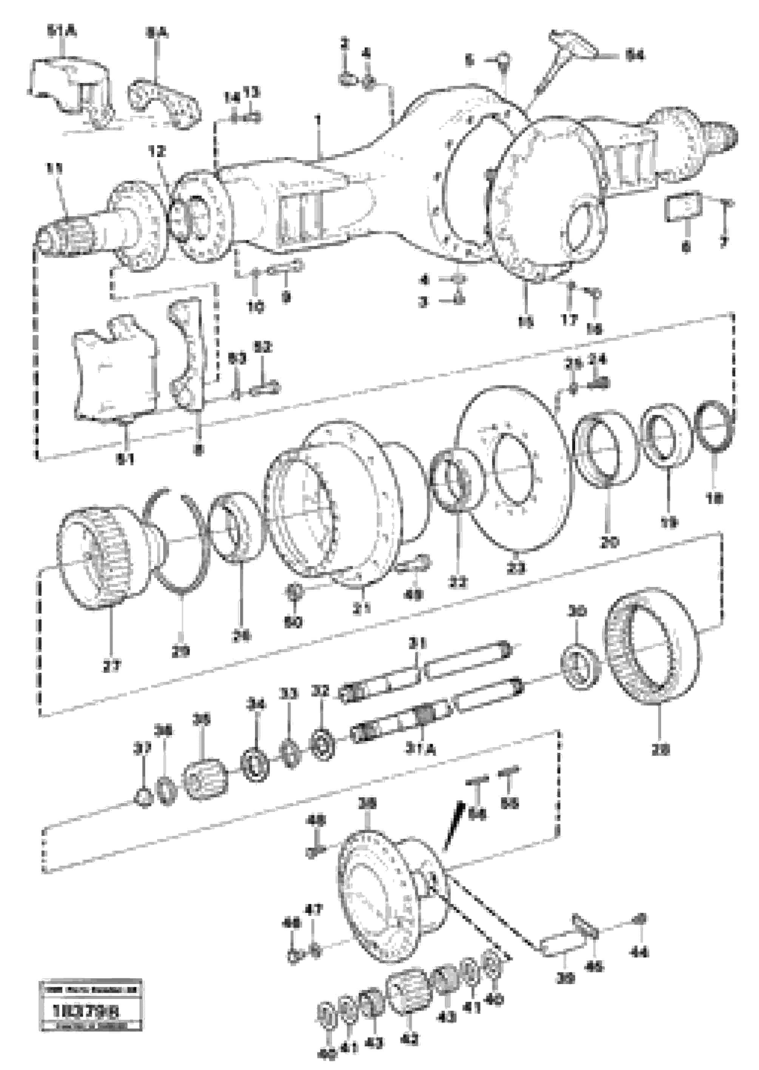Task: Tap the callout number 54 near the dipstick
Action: coord(635,56)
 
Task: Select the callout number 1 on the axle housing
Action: coord(318,120)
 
